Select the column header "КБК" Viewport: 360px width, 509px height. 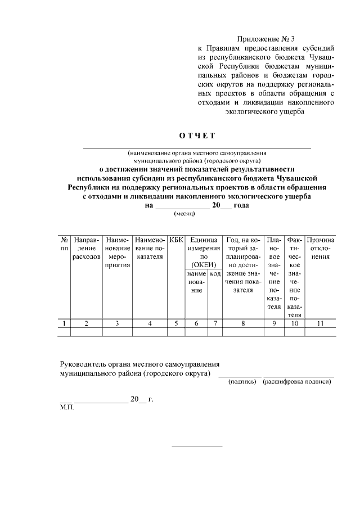(176, 240)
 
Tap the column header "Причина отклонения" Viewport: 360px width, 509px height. (321, 248)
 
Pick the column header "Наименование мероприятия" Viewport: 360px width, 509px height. (118, 252)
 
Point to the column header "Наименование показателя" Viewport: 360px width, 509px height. (150, 248)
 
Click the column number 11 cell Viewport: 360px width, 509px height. (321, 323)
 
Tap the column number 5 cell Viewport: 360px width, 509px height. (176, 323)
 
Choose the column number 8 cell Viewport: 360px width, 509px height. (243, 323)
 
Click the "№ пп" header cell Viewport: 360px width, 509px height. (65, 244)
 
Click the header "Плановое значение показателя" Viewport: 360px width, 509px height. (274, 273)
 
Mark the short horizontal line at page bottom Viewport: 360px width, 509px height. (197, 447)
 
